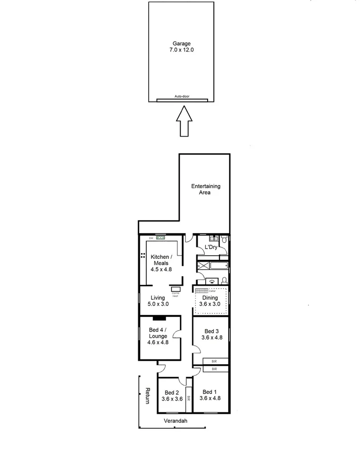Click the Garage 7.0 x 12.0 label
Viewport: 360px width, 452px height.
coord(182,47)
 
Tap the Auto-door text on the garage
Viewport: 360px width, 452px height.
coord(182,96)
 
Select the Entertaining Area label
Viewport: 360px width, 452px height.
coord(205,189)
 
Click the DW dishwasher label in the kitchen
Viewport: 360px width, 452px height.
coord(151,238)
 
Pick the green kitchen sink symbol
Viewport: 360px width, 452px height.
coord(160,238)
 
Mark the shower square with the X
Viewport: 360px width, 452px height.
coord(202,266)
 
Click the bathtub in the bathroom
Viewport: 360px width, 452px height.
coord(219,266)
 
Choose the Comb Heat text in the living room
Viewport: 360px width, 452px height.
coord(176,294)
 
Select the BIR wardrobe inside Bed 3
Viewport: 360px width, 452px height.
coord(215,361)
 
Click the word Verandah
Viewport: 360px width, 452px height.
coord(175,421)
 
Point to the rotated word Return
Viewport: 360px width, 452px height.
coord(148,396)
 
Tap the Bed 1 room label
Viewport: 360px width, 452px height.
coord(210,395)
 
